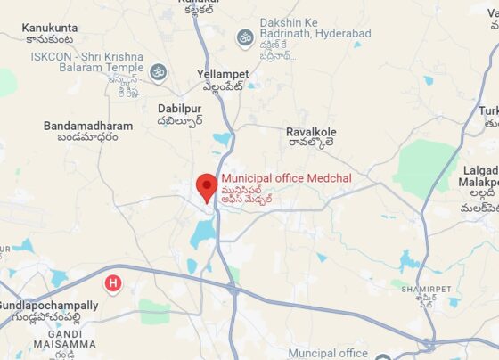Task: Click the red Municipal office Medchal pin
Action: coord(207,186)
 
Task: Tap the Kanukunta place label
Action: coord(50,29)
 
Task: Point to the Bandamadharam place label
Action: coord(82,127)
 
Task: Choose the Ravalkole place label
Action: coord(310,133)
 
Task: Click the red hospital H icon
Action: coord(113,284)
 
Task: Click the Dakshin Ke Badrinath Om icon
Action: coord(244,37)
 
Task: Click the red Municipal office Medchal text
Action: coord(286,178)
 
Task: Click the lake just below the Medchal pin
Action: coord(202,233)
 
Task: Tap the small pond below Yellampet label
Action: coord(221,139)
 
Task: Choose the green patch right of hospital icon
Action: coord(153,312)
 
